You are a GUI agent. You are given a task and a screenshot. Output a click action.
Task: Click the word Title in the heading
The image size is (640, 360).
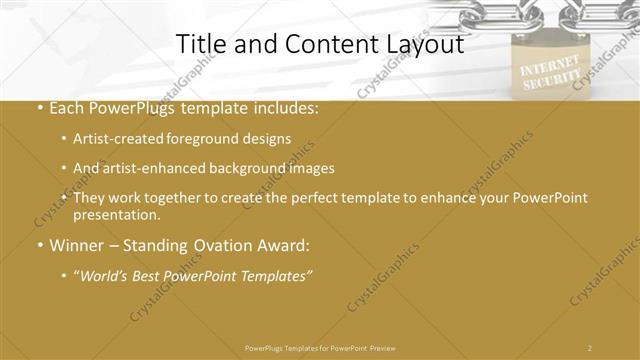pyautogui.click(x=198, y=45)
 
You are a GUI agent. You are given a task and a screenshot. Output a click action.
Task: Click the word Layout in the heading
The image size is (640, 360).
pyautogui.click(x=426, y=45)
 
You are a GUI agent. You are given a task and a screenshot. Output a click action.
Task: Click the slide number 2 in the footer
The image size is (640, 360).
pyautogui.click(x=590, y=347)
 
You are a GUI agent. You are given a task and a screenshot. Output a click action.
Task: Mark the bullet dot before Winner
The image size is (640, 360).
pyautogui.click(x=38, y=245)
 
